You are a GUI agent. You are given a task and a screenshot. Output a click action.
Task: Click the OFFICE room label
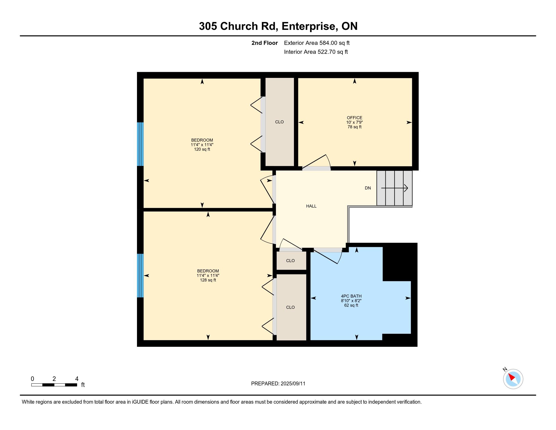point(354,118)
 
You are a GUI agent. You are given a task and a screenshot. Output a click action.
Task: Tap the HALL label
point(311,206)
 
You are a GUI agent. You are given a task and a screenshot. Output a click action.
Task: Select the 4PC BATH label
point(351,296)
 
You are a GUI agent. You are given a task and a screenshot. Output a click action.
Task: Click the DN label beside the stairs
point(368,188)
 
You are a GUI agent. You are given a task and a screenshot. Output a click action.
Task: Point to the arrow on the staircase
point(395,188)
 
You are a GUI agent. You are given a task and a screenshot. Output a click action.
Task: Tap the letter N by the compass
point(505,369)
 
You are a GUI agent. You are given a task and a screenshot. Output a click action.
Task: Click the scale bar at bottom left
point(54,385)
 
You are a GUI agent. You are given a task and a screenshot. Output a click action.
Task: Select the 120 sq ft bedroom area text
point(202,149)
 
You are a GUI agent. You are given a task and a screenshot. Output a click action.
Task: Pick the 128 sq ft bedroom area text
point(208,280)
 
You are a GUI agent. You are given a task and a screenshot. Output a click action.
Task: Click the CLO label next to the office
point(279,122)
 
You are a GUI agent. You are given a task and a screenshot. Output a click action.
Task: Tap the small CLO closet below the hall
point(290,261)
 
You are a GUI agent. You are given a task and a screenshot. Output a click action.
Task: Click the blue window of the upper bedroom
point(140,144)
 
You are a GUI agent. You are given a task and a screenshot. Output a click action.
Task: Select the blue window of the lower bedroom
point(140,276)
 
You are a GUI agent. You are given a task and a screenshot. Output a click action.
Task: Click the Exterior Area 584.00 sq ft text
point(317,43)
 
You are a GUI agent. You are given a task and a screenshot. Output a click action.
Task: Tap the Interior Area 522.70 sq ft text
point(316,52)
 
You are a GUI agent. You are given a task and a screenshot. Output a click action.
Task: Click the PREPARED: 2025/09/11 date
point(278,384)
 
